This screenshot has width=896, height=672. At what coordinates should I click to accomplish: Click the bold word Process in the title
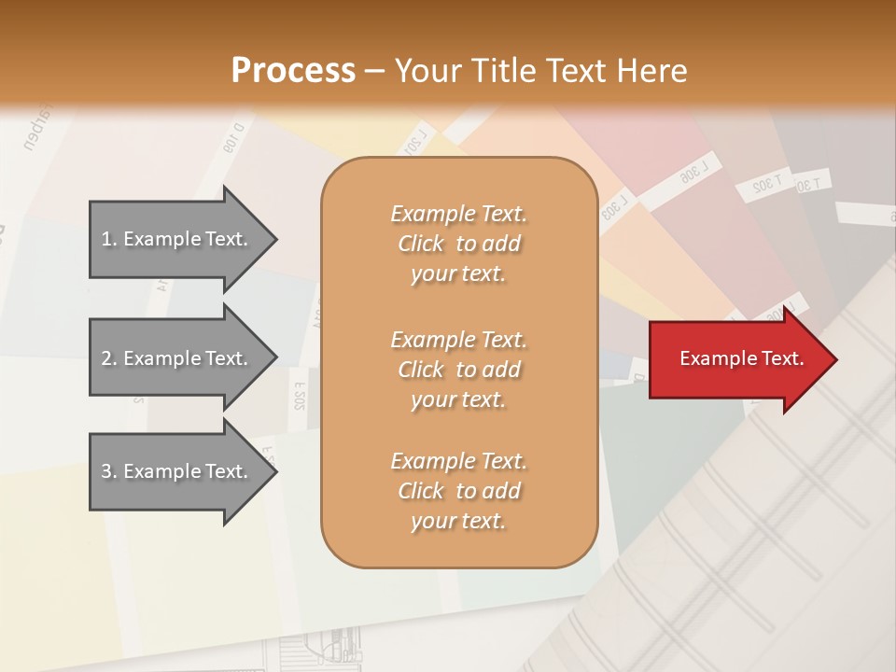point(293,70)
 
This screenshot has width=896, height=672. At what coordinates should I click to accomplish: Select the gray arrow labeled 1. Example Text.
point(177,239)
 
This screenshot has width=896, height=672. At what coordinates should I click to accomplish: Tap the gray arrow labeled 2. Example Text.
point(177,358)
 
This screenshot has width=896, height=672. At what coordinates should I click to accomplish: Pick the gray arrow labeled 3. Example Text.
point(177,471)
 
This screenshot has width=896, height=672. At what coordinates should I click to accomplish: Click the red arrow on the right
point(737,359)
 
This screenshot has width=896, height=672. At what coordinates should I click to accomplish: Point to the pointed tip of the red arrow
point(834,359)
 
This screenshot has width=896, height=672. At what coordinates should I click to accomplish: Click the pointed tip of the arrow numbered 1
point(274,239)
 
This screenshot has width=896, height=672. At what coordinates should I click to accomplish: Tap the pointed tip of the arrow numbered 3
point(274,471)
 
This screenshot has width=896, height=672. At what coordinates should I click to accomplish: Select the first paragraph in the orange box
point(458,244)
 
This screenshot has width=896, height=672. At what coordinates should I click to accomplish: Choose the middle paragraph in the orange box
point(458,369)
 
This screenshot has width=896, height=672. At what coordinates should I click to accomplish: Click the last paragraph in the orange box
point(458,491)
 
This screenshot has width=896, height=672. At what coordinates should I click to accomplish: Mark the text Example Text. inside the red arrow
point(741,358)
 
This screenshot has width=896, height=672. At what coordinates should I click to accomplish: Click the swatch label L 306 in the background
point(694,173)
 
